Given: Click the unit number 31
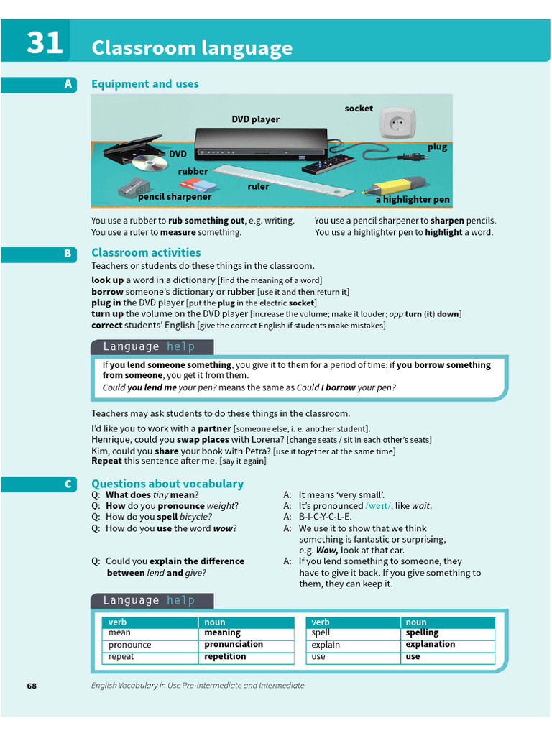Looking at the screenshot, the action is (x=45, y=43).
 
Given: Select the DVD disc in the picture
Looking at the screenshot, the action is (x=149, y=162).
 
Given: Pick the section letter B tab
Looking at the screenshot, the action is (x=68, y=253).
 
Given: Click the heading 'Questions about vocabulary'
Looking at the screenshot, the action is (x=167, y=484).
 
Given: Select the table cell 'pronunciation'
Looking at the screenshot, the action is (x=234, y=645).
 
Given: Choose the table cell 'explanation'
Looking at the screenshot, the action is (x=430, y=645).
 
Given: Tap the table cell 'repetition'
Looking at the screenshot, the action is (x=225, y=656).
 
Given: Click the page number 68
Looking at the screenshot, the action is (x=32, y=686).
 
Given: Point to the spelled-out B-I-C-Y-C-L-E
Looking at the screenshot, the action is (x=326, y=517).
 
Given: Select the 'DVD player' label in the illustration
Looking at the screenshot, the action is (x=255, y=119).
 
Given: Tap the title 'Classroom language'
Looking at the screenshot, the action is (x=192, y=48).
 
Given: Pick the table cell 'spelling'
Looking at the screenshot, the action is (x=422, y=633).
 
